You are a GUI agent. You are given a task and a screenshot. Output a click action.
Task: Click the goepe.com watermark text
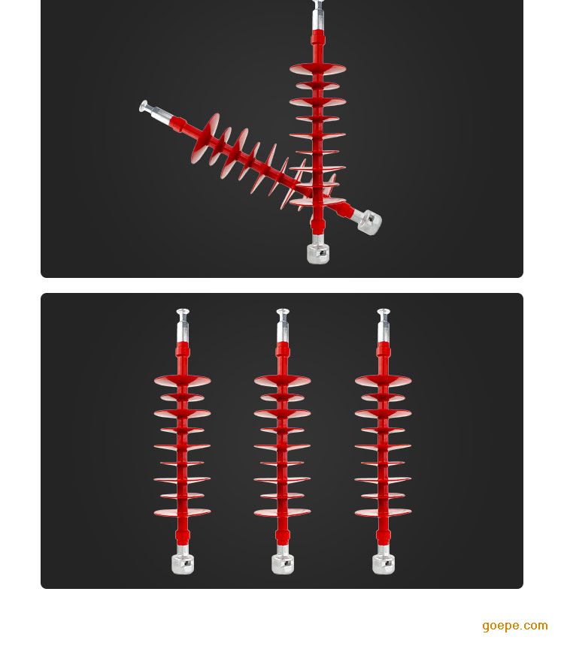[x=515, y=626]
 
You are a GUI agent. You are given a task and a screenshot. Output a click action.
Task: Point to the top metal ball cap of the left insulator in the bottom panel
[x=182, y=312]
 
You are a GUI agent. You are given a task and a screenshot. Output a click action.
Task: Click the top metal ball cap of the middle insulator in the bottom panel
[x=283, y=312]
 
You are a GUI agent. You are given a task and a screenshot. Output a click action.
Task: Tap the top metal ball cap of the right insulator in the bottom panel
[x=384, y=312]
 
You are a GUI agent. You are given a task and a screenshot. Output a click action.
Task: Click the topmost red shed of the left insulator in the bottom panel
[x=182, y=381]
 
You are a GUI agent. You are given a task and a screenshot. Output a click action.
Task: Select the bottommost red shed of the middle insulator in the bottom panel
[x=283, y=512]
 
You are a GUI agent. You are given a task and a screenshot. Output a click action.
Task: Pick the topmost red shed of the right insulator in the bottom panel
[x=384, y=381]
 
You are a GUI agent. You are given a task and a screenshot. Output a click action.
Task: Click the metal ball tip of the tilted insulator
[x=144, y=106]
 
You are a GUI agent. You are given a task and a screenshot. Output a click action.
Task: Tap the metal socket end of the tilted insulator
[x=368, y=222]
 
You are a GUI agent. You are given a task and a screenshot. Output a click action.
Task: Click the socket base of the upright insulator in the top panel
[x=318, y=252]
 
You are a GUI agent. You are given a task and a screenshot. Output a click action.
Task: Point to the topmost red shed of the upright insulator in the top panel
[x=317, y=68]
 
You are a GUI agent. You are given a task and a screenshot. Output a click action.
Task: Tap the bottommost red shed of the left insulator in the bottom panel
[x=182, y=512]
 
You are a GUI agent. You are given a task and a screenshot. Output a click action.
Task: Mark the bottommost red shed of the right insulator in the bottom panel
[x=384, y=512]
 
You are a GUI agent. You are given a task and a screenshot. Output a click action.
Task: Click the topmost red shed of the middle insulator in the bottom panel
[x=283, y=381]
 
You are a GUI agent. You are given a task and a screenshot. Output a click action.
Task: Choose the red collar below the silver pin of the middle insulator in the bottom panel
[x=283, y=350]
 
